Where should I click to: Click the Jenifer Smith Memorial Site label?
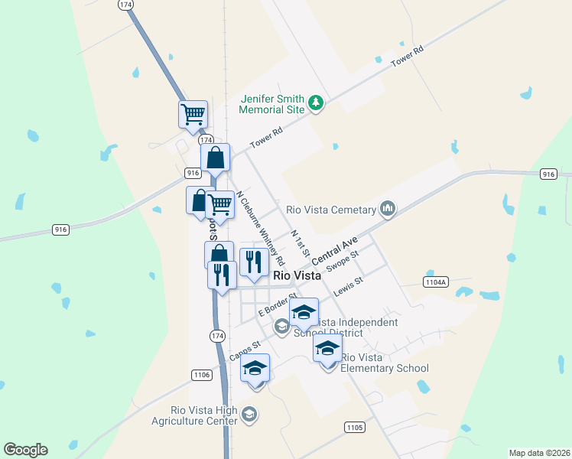pos(272,104)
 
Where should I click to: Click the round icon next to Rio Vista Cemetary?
pos(388,209)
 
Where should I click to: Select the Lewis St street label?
pos(347,288)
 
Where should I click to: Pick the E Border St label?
pos(277,304)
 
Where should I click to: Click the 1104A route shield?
pos(434,282)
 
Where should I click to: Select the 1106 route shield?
pos(201,374)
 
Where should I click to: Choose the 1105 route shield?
pos(354,426)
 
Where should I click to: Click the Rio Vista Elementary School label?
pos(384,363)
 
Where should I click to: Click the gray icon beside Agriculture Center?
pos(249,415)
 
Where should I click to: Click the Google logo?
pos(25,450)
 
